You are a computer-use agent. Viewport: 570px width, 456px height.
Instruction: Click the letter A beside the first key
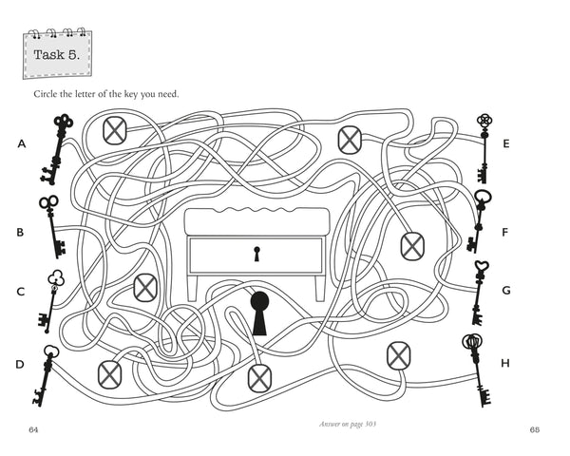pos(20,144)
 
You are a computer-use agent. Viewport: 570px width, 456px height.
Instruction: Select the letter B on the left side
pos(20,232)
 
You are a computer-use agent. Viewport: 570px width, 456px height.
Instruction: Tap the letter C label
pos(20,292)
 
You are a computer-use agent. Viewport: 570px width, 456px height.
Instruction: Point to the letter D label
pos(20,364)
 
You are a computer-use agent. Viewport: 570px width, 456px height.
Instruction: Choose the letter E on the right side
pos(506,144)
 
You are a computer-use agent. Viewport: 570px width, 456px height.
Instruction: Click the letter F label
pos(506,232)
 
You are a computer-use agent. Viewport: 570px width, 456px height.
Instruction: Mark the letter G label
pos(506,291)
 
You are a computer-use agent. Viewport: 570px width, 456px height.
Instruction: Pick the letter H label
pos(506,363)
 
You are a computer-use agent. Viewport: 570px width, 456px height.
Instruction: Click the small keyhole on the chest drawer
pos(256,254)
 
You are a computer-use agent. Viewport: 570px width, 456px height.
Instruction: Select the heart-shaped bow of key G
pos(482,269)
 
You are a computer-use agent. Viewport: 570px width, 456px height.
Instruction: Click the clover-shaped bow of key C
pos(56,278)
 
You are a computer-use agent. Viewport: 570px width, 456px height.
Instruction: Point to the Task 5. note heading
pos(57,54)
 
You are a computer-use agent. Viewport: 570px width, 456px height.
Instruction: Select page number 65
pos(534,429)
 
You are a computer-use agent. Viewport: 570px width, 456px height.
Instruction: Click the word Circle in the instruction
pos(49,93)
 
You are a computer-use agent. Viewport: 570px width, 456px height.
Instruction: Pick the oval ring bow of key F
pos(483,198)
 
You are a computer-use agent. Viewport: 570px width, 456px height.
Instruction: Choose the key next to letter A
pos(55,148)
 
